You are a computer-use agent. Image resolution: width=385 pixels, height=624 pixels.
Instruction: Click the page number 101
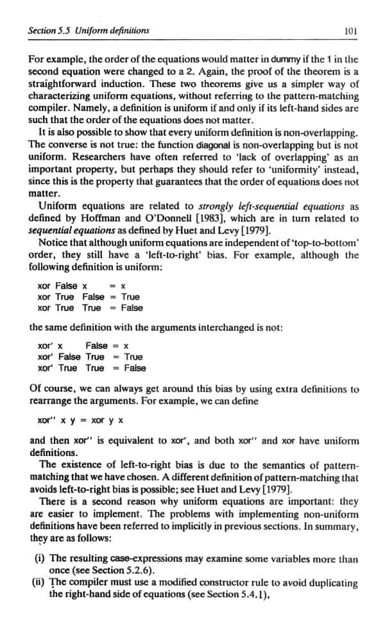350,30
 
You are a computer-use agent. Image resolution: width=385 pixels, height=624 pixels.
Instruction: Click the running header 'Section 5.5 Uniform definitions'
89,30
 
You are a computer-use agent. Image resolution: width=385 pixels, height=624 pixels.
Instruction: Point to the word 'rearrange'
51,401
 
